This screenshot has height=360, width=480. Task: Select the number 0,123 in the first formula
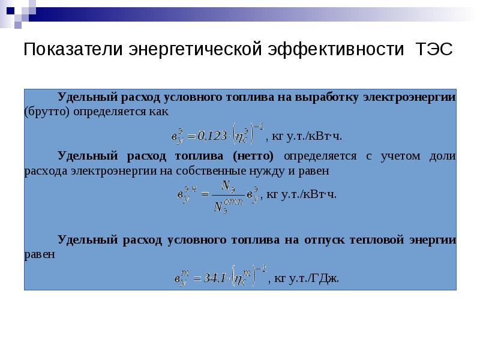tap(212, 136)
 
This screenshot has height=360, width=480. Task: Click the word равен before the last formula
tap(40, 254)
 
